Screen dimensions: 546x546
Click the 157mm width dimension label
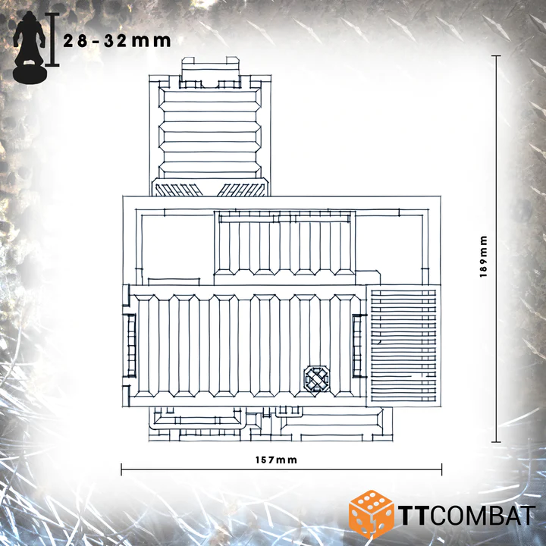[276, 460]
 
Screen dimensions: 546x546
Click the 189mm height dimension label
[483, 256]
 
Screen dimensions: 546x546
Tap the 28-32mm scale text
[117, 41]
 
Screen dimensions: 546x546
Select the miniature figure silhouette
[29, 48]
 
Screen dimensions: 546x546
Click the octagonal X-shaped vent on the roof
[316, 378]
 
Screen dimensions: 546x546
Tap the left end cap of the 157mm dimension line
[121, 469]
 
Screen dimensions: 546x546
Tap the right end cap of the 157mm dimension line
[441, 469]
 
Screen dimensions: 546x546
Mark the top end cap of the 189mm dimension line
[496, 55]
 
